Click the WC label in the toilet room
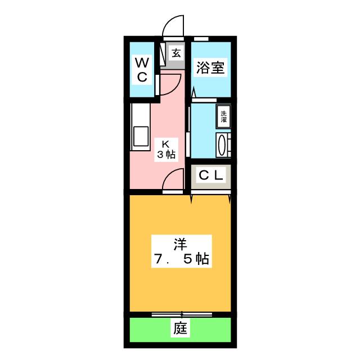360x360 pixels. coord(142,68)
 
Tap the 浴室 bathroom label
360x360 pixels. coord(210,68)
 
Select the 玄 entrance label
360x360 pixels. coord(176,53)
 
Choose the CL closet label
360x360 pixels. coord(211,175)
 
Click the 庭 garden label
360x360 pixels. coord(179,328)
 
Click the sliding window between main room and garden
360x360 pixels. coord(179,312)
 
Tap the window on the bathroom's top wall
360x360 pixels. coord(201,38)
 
